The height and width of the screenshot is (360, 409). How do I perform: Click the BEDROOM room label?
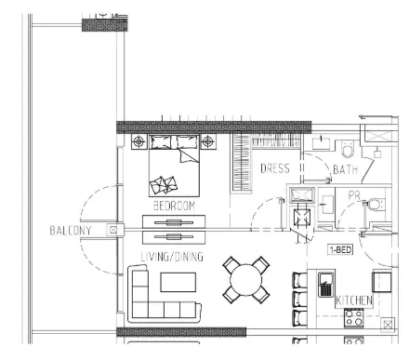click(174, 206)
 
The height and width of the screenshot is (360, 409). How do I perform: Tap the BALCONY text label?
click(71, 231)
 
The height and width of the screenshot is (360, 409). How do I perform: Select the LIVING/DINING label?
click(172, 257)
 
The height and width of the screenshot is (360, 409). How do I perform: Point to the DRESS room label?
click(275, 168)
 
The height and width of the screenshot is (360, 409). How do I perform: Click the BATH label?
click(346, 169)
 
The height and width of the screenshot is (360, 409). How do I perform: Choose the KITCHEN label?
click(354, 300)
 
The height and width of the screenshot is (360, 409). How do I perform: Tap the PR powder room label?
click(354, 195)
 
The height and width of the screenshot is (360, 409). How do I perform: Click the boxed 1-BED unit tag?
click(340, 249)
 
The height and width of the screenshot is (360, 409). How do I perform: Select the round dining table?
click(246, 280)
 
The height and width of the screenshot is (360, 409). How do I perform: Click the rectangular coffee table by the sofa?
click(178, 282)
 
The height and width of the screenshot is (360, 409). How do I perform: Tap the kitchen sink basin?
click(326, 285)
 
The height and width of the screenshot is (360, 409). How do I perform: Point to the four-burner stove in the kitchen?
click(353, 318)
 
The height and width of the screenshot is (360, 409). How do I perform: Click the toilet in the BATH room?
click(347, 149)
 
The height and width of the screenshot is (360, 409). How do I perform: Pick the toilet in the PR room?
click(374, 205)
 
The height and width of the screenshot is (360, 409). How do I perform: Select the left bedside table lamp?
click(139, 142)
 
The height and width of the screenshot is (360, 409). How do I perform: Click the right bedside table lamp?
click(208, 142)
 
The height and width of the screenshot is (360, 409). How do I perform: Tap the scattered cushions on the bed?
click(164, 185)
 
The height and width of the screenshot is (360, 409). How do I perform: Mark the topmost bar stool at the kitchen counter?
click(299, 281)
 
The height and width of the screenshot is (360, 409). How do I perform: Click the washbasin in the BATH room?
click(321, 143)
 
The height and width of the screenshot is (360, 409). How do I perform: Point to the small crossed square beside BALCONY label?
click(112, 230)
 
